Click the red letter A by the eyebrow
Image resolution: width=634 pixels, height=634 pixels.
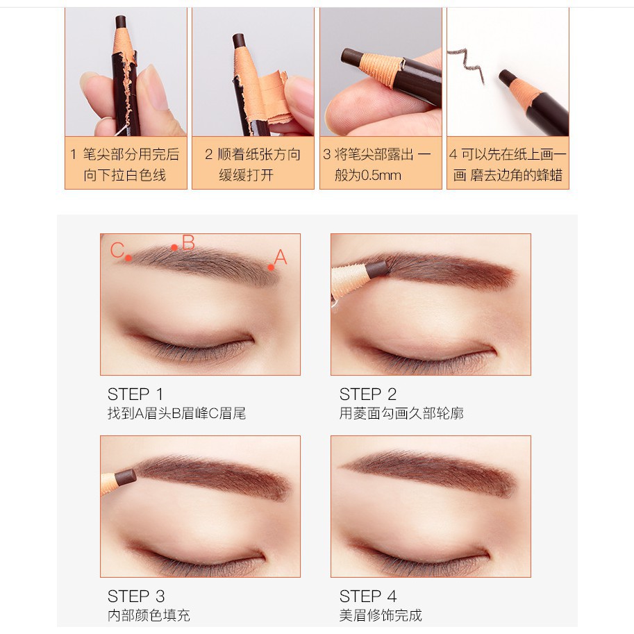281,257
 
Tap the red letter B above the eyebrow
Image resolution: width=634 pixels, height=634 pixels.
188,242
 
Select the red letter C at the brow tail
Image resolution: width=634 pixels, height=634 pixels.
117,250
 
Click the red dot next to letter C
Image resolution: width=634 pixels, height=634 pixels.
128,258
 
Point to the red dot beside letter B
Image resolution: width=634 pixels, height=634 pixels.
174,247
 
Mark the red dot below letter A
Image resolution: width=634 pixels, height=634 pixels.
271,267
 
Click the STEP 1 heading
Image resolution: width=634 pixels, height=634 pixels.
135,394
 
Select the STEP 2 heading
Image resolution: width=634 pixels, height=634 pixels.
367,394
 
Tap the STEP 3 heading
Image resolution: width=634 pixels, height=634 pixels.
136,597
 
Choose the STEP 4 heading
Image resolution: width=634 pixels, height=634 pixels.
368,597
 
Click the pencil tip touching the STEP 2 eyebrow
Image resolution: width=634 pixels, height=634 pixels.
377,269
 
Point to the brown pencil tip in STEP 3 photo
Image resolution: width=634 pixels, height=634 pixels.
126,478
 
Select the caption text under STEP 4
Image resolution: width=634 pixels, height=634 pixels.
381,615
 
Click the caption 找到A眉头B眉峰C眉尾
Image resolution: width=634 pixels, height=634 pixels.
176,413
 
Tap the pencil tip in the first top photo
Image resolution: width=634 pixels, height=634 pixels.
121,22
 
